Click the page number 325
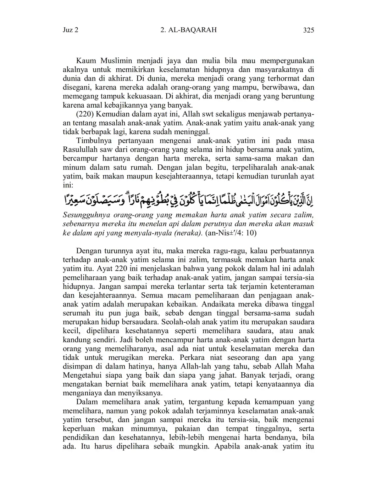[x=308, y=30]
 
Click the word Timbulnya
[x=93, y=141]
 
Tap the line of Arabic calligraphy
[x=188, y=201]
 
